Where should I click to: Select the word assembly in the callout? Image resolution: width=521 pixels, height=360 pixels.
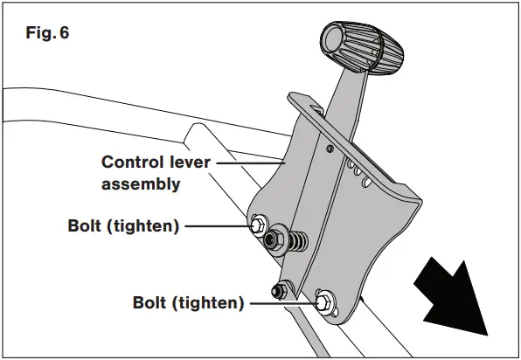coord(142,183)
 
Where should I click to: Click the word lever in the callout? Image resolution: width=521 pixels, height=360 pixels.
coord(189,163)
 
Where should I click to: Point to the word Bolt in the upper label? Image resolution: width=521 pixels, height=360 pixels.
coord(86,226)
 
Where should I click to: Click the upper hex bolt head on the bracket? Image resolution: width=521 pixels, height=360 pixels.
coord(260,225)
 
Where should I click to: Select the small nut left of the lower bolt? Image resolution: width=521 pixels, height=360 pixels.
coord(281,288)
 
